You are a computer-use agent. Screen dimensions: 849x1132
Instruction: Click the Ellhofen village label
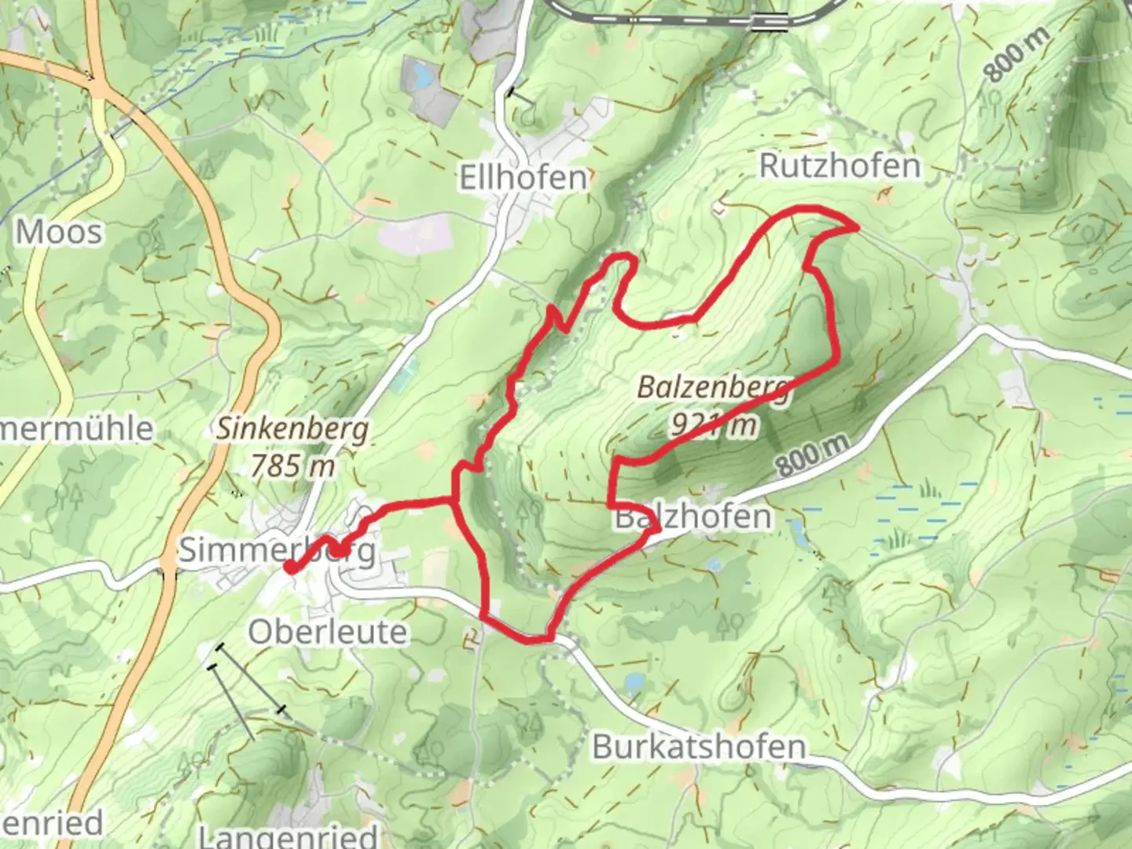[x=524, y=178]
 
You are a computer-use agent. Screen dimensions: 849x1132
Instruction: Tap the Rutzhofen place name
[x=839, y=166]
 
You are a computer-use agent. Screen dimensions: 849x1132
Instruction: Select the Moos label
[x=59, y=233]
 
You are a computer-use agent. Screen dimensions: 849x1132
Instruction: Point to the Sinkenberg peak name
[x=292, y=430]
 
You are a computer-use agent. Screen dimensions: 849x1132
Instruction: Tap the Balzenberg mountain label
[x=711, y=388]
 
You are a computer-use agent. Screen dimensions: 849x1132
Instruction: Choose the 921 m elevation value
[x=714, y=424]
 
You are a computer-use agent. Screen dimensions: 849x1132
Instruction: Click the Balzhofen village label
[x=693, y=517]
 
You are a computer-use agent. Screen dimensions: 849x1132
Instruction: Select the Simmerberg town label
[x=277, y=550]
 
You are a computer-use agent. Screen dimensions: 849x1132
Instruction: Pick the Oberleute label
[x=328, y=631]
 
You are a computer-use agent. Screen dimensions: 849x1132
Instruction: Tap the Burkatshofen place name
[x=699, y=746]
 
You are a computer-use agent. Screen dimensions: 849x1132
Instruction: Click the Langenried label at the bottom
[x=288, y=835]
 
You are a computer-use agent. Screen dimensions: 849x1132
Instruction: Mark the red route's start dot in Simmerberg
[x=290, y=568]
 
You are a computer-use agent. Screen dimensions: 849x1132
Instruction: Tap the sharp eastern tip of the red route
[x=856, y=227]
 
